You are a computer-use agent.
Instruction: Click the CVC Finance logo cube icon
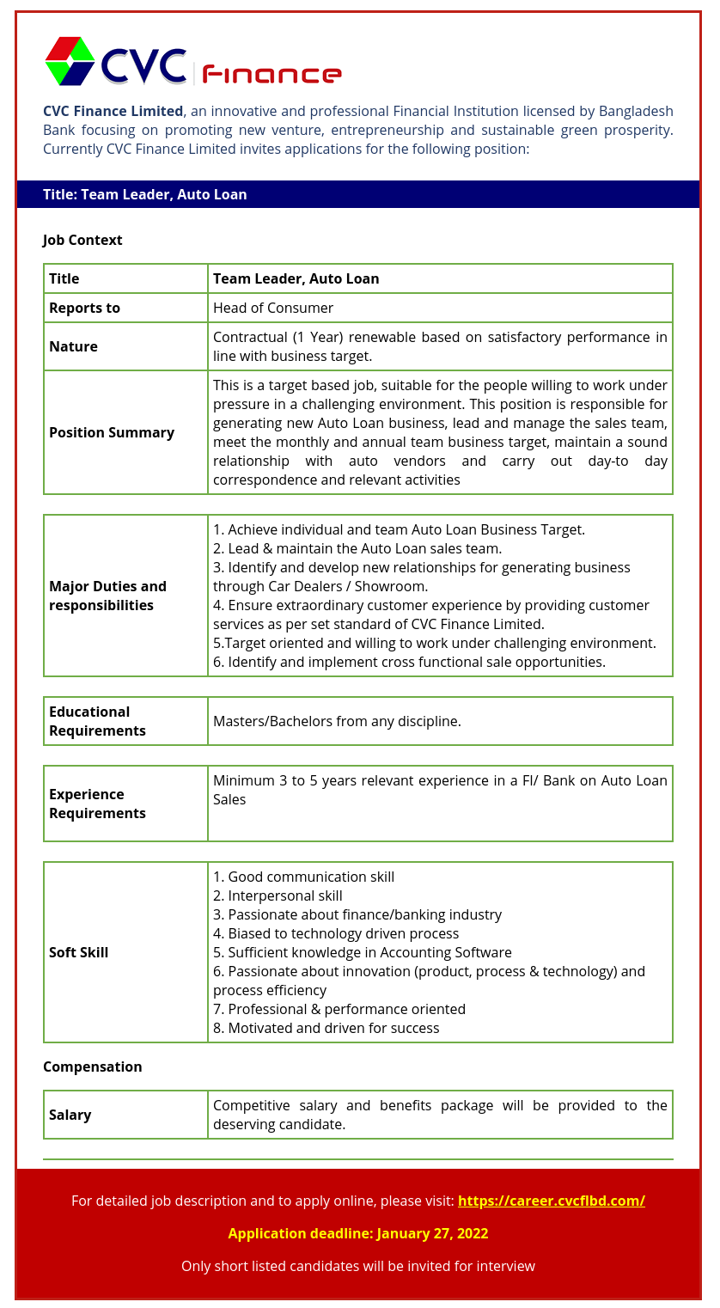pos(70,61)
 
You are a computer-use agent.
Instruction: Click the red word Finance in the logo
pos(272,75)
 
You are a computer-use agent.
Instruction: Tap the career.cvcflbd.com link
pos(551,1201)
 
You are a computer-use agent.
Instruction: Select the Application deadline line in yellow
pos(358,1233)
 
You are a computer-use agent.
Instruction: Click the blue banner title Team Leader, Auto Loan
pos(145,194)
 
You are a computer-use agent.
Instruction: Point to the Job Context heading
pos(82,240)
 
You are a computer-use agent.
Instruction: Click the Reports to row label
pos(84,308)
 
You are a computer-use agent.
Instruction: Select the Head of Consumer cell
pos(273,308)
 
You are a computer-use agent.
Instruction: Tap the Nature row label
pos(73,346)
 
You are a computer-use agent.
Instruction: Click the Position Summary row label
pos(112,432)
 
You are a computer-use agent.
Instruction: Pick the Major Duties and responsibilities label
pos(108,596)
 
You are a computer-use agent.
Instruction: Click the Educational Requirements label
pos(97,721)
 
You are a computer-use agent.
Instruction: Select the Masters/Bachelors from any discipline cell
pos(337,721)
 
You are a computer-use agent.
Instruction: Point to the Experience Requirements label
pos(97,804)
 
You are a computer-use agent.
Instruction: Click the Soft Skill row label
pos(78,952)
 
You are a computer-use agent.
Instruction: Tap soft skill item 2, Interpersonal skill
pos(278,895)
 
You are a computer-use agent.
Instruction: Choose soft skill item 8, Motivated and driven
pos(326,1028)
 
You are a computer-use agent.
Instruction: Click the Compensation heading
pos(93,1067)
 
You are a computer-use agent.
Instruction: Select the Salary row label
pos(70,1115)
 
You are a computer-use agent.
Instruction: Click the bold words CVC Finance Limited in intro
pos(113,111)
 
